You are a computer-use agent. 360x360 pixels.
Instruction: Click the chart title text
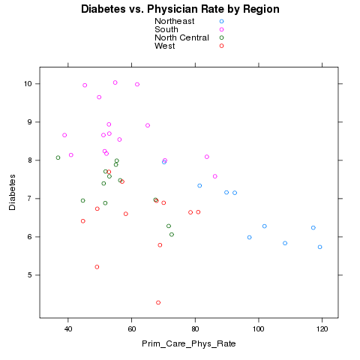(x=180, y=9)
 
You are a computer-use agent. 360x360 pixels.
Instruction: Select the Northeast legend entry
(x=175, y=21)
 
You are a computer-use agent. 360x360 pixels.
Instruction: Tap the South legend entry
(x=166, y=29)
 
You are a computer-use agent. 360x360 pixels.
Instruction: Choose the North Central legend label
(x=181, y=37)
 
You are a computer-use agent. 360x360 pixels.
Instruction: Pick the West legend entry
(x=165, y=46)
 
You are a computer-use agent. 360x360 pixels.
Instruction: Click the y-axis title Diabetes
(x=12, y=192)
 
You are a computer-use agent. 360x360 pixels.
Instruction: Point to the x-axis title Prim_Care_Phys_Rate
(x=189, y=343)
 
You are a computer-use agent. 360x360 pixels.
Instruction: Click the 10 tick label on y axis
(x=28, y=84)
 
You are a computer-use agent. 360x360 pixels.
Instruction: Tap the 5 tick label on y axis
(x=30, y=275)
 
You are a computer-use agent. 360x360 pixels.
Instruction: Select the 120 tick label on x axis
(x=322, y=329)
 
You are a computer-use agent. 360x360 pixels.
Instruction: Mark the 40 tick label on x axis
(x=68, y=329)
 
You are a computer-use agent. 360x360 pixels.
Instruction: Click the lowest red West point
(x=158, y=302)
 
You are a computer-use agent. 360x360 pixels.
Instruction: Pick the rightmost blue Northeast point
(x=319, y=247)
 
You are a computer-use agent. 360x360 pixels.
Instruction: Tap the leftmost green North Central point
(x=58, y=157)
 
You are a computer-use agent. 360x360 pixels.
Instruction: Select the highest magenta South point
(x=115, y=82)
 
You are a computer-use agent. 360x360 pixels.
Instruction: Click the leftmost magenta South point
(x=64, y=135)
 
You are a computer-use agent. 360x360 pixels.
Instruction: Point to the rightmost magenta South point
(x=214, y=176)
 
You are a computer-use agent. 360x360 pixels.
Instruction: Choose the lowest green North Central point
(x=172, y=235)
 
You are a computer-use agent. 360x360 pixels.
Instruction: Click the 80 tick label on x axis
(x=195, y=329)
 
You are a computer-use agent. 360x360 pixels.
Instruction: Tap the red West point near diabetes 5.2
(x=97, y=267)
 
